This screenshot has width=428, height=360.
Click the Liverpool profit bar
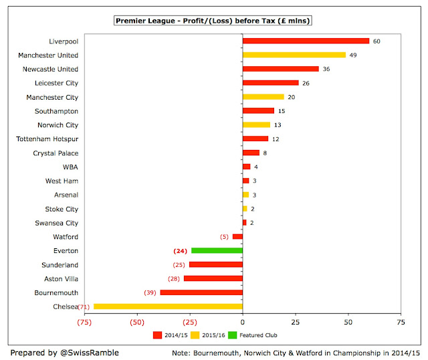tap(306, 41)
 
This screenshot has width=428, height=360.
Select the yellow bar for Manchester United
tap(294, 55)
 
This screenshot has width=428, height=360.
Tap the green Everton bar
tap(217, 251)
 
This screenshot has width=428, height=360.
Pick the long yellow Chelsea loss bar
tap(168, 306)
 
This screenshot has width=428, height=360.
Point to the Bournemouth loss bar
tap(201, 292)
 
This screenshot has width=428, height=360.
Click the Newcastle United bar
tap(281, 69)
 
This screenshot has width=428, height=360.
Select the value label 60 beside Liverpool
tap(377, 41)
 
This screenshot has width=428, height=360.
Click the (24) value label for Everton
tap(179, 251)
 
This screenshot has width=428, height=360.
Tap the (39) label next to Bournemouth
tap(149, 292)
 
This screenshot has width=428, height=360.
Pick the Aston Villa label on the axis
tap(60, 278)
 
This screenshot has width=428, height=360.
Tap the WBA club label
tap(70, 167)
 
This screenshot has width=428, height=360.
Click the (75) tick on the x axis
tap(84, 322)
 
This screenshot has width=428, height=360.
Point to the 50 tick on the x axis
tap(348, 322)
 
